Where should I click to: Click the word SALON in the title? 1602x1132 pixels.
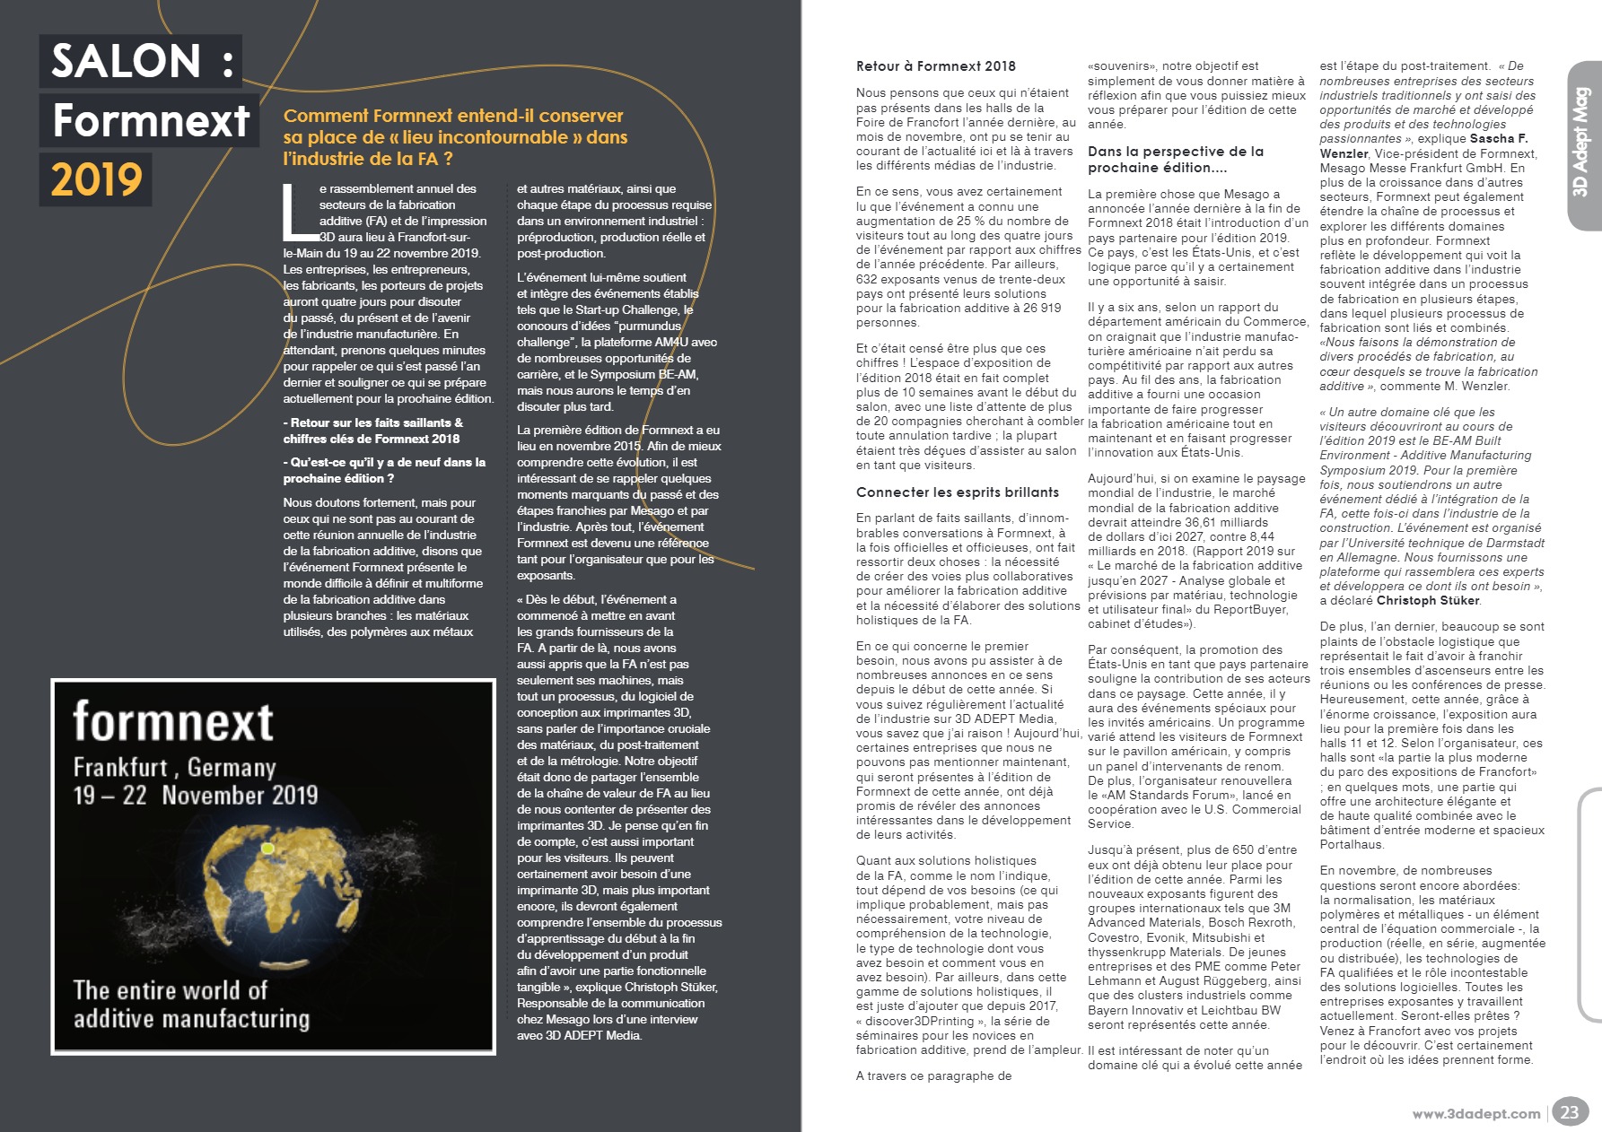click(x=126, y=61)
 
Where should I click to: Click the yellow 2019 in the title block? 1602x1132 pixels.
click(x=96, y=179)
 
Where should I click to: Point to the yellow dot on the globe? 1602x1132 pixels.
click(x=267, y=848)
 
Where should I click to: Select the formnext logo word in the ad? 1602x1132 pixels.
click(x=173, y=721)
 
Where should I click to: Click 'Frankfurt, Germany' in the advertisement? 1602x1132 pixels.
click(x=174, y=768)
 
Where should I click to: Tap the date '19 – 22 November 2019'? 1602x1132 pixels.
click(x=195, y=796)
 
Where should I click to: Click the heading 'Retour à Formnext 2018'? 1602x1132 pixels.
click(x=935, y=66)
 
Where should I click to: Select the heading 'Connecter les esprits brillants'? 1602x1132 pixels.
click(x=957, y=492)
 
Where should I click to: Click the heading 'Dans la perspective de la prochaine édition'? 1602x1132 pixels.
click(x=1175, y=160)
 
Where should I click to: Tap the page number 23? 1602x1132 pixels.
click(x=1569, y=1112)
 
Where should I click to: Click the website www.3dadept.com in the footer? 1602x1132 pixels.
click(x=1475, y=1114)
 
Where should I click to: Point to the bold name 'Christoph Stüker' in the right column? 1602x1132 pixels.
click(x=1428, y=601)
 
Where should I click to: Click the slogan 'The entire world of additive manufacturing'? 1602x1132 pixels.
click(x=191, y=1005)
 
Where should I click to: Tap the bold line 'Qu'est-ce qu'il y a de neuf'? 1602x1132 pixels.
click(x=384, y=470)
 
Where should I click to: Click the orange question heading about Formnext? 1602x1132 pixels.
click(x=455, y=137)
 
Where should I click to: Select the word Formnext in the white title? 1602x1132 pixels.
click(x=151, y=120)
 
